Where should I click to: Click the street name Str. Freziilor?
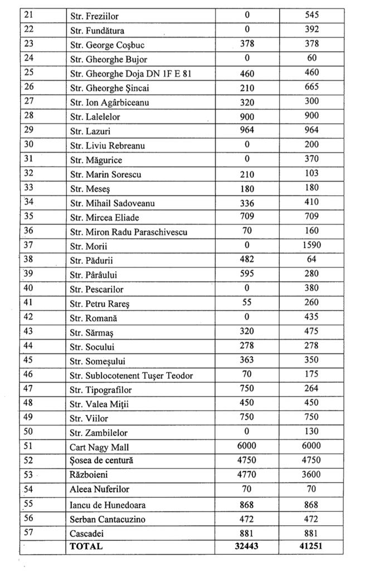94,16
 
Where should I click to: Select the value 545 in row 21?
312,16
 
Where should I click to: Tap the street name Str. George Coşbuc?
107,45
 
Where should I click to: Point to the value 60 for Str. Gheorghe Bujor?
312,59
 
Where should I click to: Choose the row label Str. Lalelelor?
95,117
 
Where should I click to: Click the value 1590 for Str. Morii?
312,245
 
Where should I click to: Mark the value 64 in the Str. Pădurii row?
312,259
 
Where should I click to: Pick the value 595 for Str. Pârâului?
247,274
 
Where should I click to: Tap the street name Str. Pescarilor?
97,289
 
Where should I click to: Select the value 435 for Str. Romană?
312,317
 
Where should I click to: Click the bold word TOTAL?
86,546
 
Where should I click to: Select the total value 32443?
247,546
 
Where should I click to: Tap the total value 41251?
312,546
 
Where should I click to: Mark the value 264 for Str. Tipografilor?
312,389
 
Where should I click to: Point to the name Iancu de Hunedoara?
108,505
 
